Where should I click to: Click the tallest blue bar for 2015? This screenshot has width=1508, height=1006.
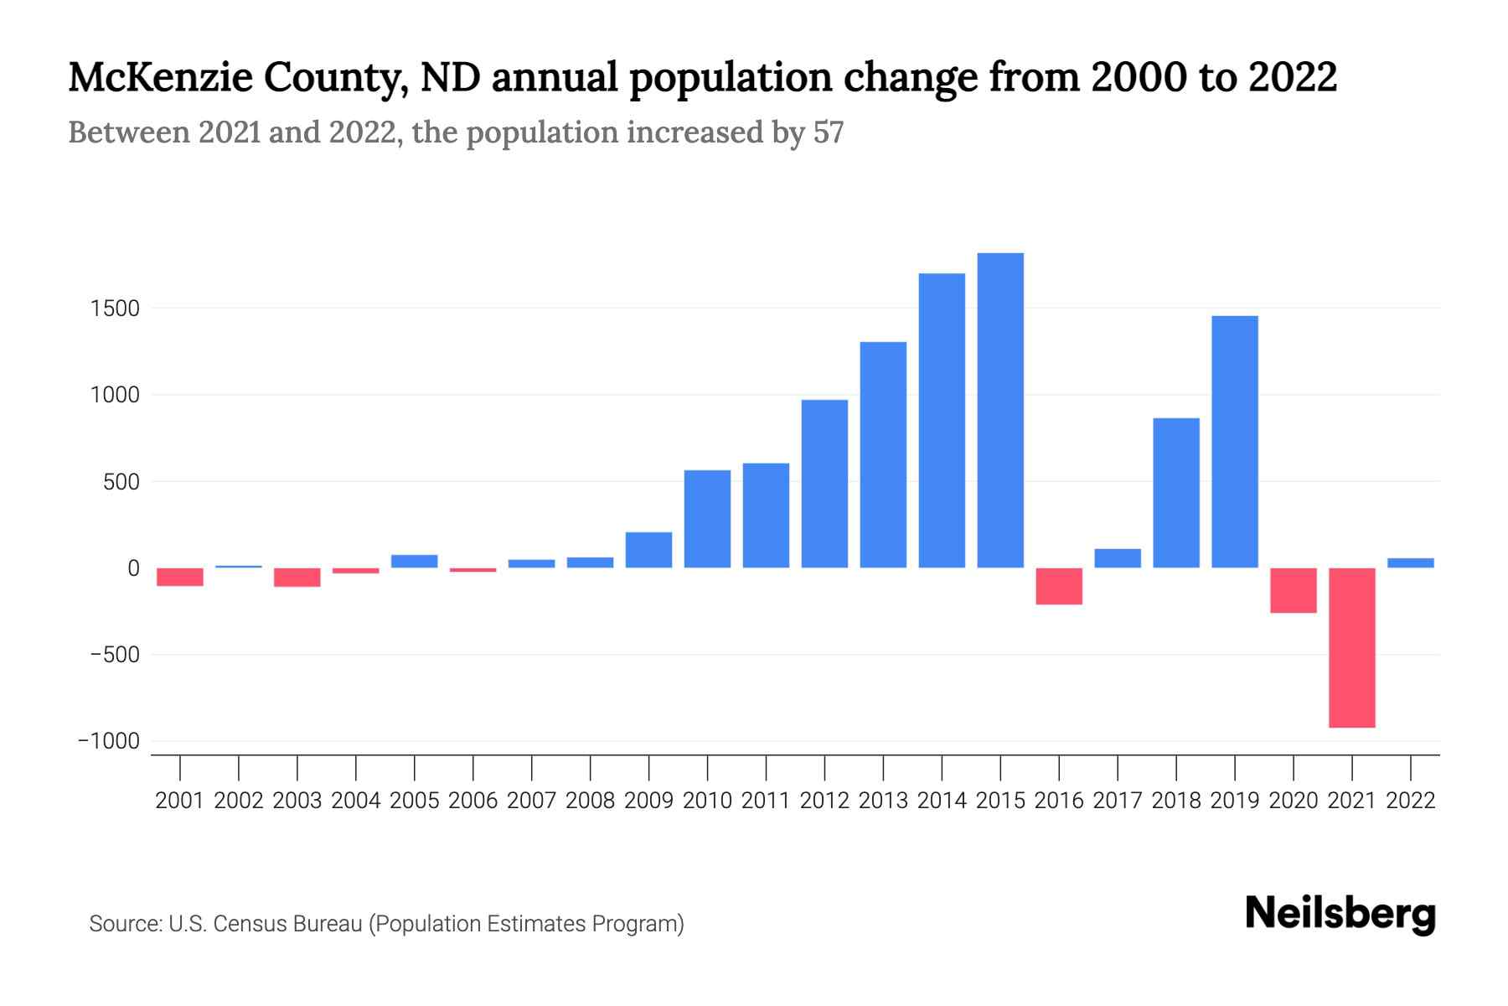pyautogui.click(x=1000, y=411)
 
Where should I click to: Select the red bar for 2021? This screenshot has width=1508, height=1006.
pyautogui.click(x=1352, y=647)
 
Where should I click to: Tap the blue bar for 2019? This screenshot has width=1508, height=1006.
pyautogui.click(x=1235, y=442)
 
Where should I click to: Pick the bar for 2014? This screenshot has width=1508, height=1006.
pyautogui.click(x=942, y=421)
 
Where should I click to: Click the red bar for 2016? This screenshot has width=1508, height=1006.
pyautogui.click(x=1059, y=586)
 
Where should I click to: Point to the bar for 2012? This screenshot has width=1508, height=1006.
pyautogui.click(x=824, y=484)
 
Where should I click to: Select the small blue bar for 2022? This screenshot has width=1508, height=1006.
pyautogui.click(x=1411, y=563)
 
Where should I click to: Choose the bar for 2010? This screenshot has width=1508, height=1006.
pyautogui.click(x=707, y=519)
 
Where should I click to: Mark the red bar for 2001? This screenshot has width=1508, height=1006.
pyautogui.click(x=180, y=577)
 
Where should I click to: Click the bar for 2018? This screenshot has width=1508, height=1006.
pyautogui.click(x=1176, y=493)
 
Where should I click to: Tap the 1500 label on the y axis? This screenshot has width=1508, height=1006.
pyautogui.click(x=115, y=309)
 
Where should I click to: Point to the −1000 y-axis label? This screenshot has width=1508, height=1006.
pyautogui.click(x=109, y=741)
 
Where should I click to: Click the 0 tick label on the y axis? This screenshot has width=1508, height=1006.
pyautogui.click(x=133, y=568)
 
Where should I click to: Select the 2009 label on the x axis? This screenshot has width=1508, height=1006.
pyautogui.click(x=648, y=801)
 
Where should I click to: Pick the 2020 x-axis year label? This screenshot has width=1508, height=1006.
pyautogui.click(x=1294, y=801)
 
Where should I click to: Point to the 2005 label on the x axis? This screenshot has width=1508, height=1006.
pyautogui.click(x=415, y=801)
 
